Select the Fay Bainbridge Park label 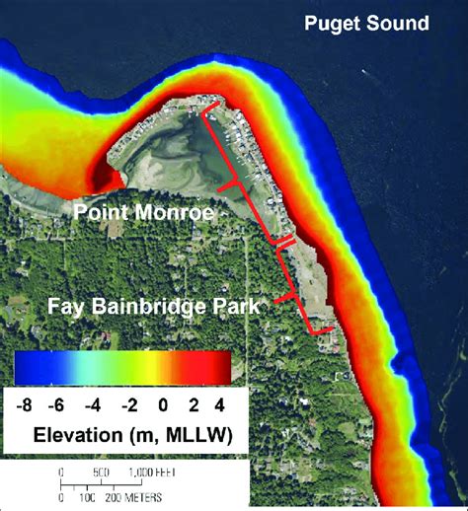tap(154, 307)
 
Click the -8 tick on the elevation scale tap(27, 403)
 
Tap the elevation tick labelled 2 tap(191, 403)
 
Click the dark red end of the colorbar tap(222, 367)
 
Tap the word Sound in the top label tap(399, 22)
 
